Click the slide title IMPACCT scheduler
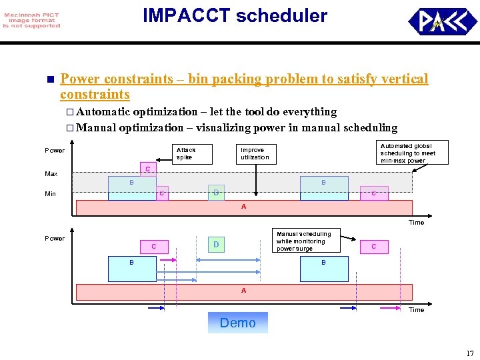235,16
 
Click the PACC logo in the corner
442,21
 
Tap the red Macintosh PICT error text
31,21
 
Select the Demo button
237,323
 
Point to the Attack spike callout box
185,153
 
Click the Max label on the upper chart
51,174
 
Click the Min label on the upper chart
51,194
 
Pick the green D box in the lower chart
216,245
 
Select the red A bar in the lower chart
243,291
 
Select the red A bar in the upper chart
243,207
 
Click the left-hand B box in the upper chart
132,188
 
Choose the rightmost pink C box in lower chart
373,247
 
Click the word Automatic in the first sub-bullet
103,112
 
